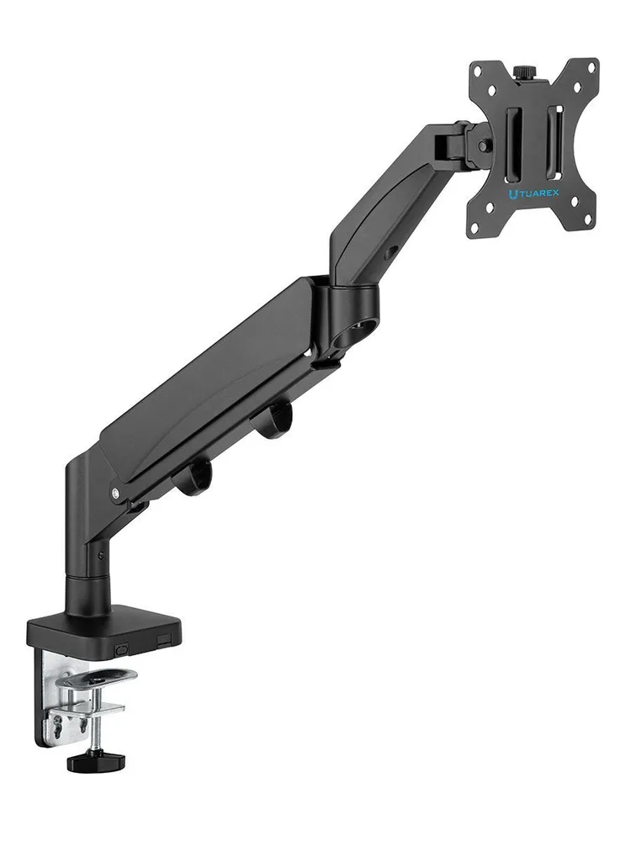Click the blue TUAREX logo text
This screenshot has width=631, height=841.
point(533,193)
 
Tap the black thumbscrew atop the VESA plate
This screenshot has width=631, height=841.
point(521,71)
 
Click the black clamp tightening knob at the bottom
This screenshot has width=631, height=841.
point(96,760)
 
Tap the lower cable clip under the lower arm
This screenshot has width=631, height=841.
point(194,478)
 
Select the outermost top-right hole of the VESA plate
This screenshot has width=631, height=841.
point(591,67)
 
